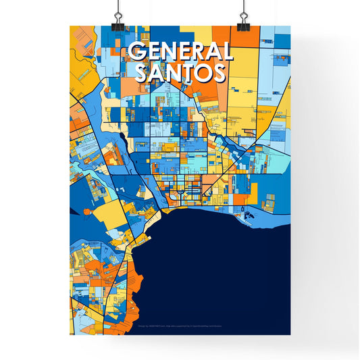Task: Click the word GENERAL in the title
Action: coord(180,53)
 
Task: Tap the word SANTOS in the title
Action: coord(180,73)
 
